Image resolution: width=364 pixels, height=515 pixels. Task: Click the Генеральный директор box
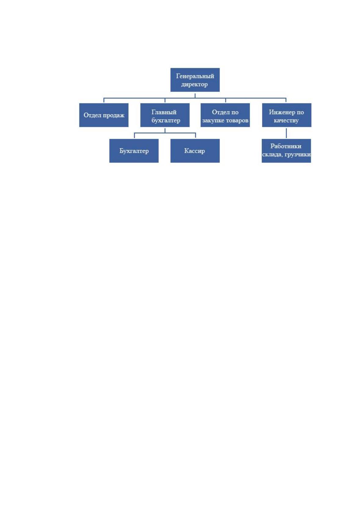195,80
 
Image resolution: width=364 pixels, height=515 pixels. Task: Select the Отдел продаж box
104,115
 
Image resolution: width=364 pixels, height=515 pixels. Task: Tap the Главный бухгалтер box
165,115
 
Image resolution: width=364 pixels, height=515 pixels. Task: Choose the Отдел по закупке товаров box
225,115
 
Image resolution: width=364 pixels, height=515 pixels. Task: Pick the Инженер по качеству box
287,115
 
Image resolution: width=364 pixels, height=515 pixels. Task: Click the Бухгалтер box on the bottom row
134,151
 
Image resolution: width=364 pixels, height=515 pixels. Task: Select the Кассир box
195,151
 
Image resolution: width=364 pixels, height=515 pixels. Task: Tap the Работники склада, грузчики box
286,151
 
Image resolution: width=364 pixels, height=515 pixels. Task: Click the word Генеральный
195,76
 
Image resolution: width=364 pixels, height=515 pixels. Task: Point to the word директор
194,84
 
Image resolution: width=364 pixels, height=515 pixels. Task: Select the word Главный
164,112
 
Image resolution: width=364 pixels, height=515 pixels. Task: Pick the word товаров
237,121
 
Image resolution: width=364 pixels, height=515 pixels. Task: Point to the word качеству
286,121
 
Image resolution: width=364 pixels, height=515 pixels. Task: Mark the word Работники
286,146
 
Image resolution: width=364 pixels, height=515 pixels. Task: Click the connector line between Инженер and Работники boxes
286,133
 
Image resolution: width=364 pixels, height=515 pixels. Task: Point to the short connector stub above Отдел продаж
104,100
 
